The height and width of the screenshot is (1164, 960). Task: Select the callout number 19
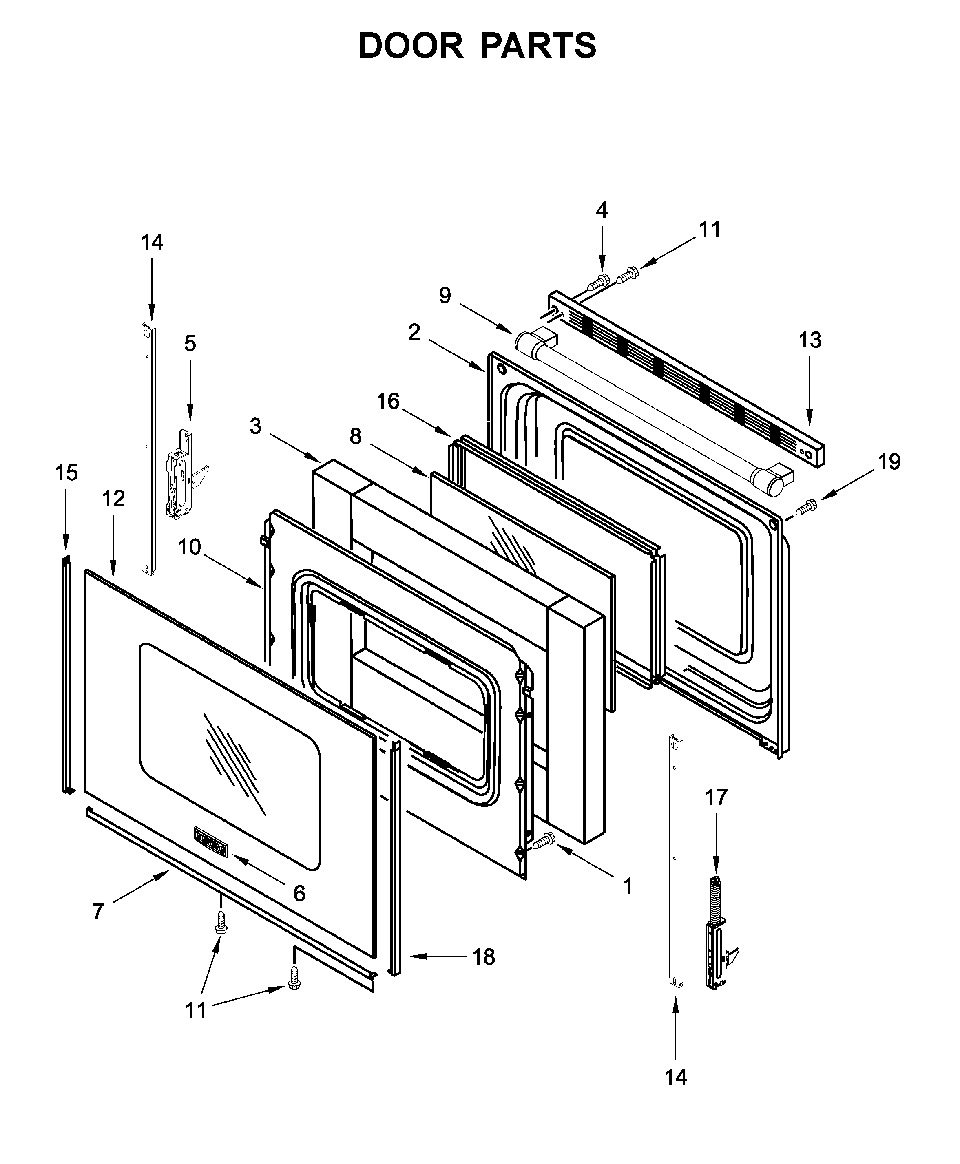point(889,462)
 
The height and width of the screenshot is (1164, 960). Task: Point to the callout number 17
point(716,797)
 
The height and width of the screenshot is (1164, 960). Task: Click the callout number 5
point(190,344)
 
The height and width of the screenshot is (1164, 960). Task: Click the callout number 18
point(483,957)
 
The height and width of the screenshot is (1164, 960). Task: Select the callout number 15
point(66,473)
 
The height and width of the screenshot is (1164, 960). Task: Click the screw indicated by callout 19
point(808,505)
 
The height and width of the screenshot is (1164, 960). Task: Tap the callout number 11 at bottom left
point(195,1010)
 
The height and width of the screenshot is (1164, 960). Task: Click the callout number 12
point(113,499)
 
